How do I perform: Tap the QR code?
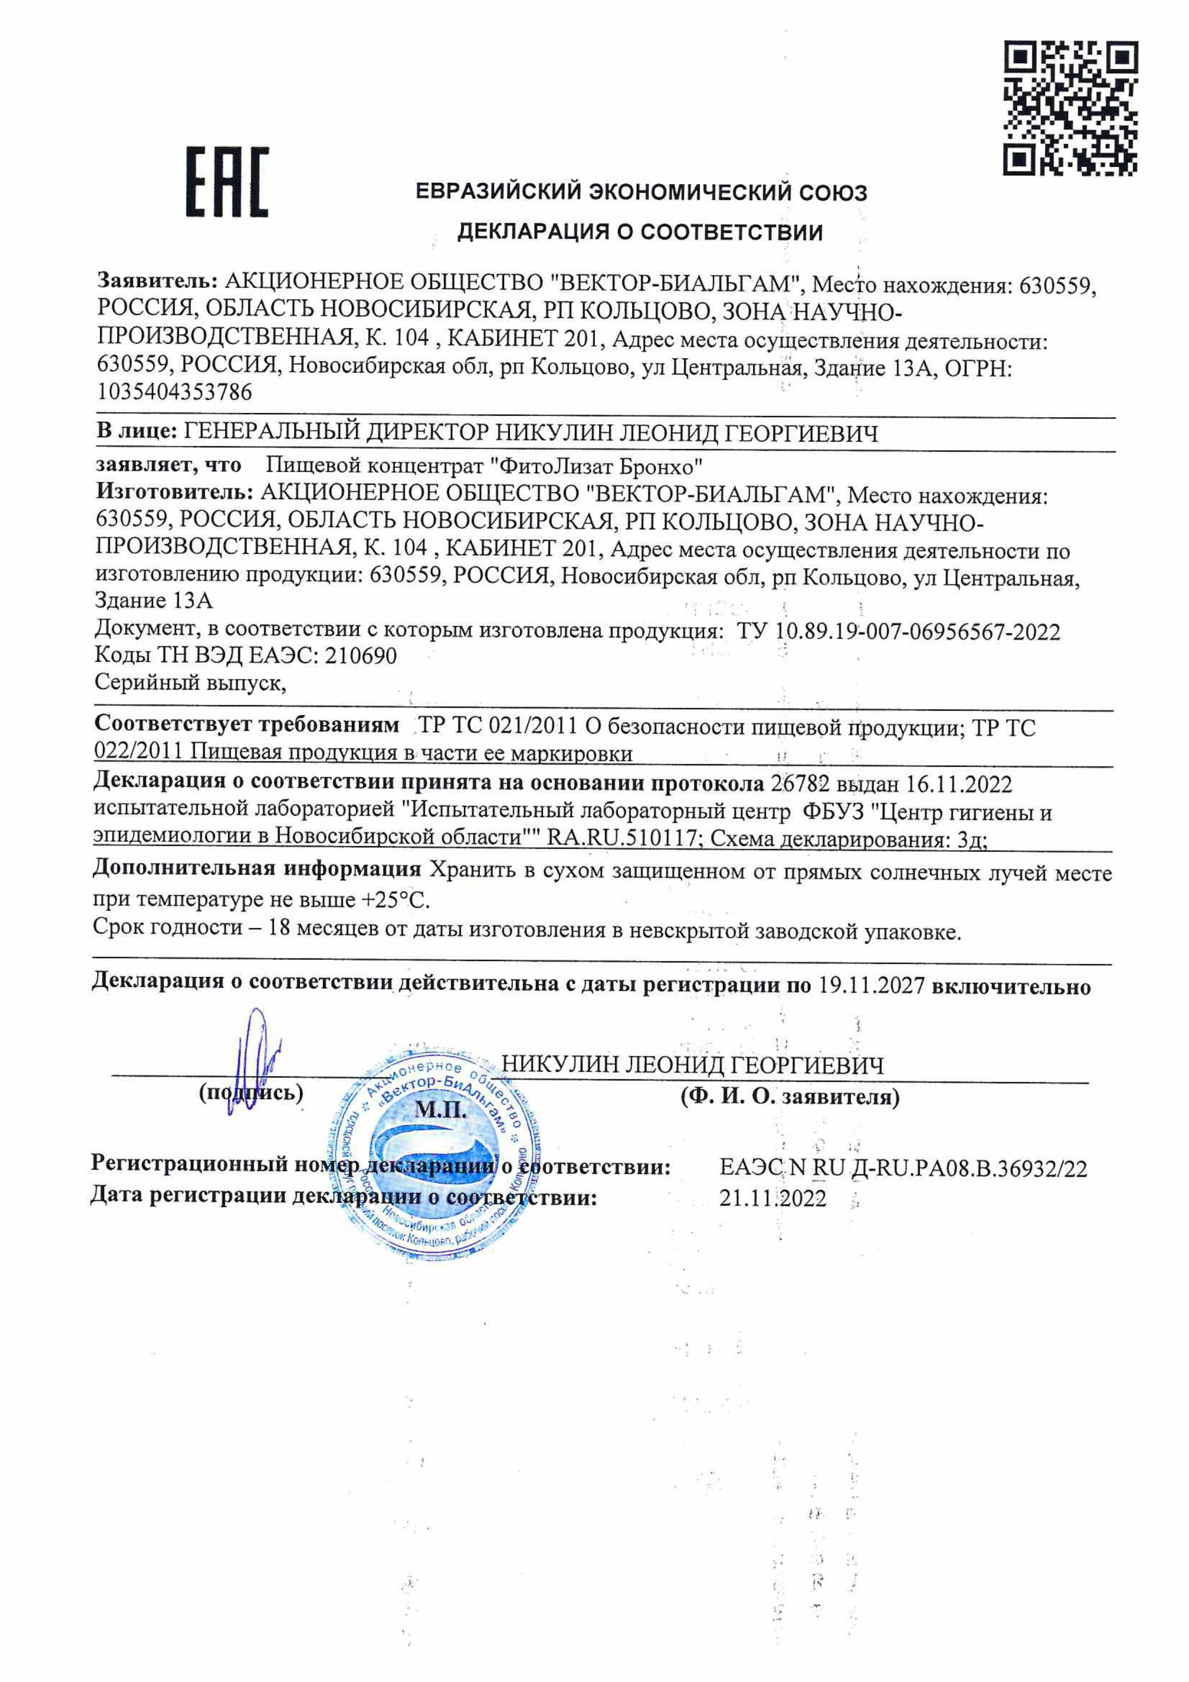1070,108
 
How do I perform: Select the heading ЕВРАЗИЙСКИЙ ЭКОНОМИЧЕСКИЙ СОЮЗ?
641,193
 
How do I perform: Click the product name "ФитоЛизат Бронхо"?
596,466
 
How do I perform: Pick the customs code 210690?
361,655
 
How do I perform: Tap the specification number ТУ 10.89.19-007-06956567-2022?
898,631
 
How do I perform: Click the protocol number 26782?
800,784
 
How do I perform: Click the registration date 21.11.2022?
772,1199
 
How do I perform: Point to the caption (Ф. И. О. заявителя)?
790,1097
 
